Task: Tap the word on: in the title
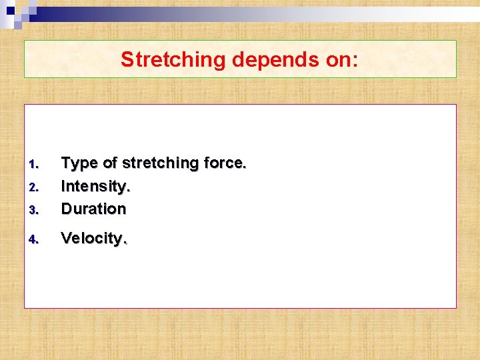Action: click(x=340, y=60)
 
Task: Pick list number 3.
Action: click(x=35, y=210)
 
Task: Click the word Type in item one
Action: click(x=78, y=163)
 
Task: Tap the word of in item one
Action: click(x=109, y=163)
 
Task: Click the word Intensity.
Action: click(x=95, y=186)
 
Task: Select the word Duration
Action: click(x=93, y=209)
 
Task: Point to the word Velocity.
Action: click(x=94, y=239)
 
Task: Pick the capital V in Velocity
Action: click(x=66, y=239)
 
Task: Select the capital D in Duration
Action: click(x=67, y=209)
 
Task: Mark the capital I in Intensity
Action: click(x=63, y=186)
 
